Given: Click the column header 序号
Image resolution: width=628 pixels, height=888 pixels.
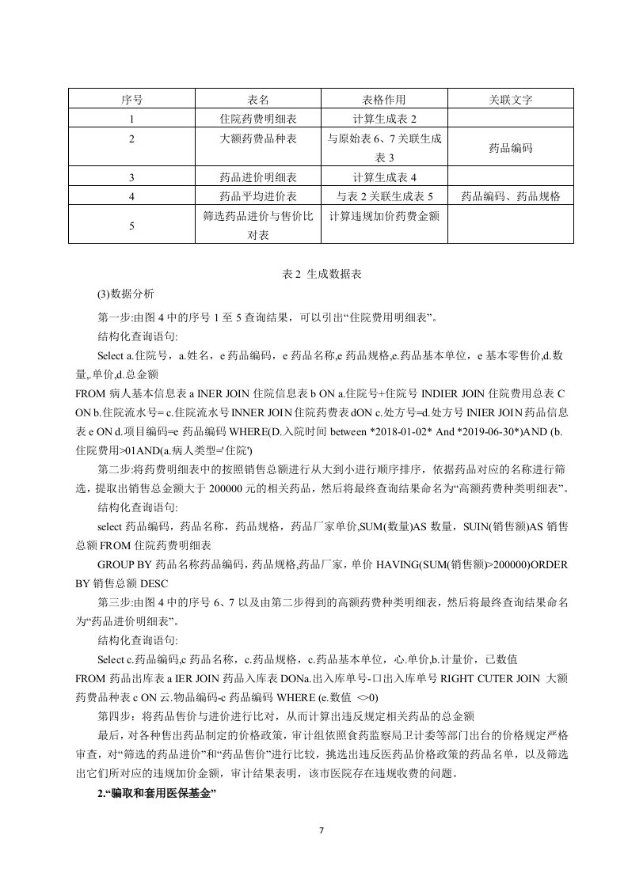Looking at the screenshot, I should [x=131, y=101].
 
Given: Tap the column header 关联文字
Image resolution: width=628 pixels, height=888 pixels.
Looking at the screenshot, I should [x=511, y=101].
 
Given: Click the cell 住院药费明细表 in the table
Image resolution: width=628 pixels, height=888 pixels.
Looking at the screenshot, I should [x=257, y=120].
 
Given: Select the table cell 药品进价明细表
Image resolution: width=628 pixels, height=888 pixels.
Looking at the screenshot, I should [x=257, y=177].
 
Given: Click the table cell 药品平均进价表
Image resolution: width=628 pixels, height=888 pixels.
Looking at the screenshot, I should [x=257, y=196].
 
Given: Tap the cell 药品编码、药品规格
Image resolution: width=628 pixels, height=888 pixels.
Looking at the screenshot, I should [x=511, y=196].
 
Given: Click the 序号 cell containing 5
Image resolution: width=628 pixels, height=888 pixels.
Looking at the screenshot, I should [x=131, y=226].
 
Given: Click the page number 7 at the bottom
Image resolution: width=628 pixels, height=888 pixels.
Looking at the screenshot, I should [x=321, y=830].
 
